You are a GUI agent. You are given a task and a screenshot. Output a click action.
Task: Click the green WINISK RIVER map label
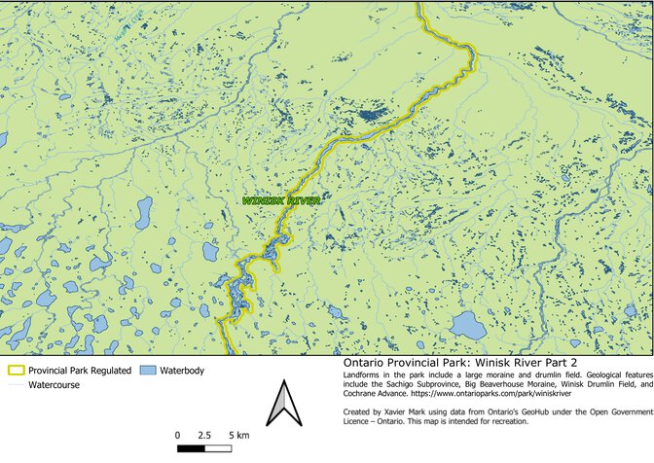[281, 200]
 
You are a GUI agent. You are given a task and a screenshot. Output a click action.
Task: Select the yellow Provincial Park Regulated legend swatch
[16, 371]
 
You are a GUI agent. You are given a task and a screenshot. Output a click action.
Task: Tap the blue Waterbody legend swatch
[147, 371]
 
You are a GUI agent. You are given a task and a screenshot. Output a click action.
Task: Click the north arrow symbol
[281, 404]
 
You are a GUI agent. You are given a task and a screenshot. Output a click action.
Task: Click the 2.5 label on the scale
[204, 434]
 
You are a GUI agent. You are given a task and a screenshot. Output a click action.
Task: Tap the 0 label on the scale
[177, 434]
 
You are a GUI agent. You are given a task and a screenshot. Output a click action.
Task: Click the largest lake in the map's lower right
[468, 325]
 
